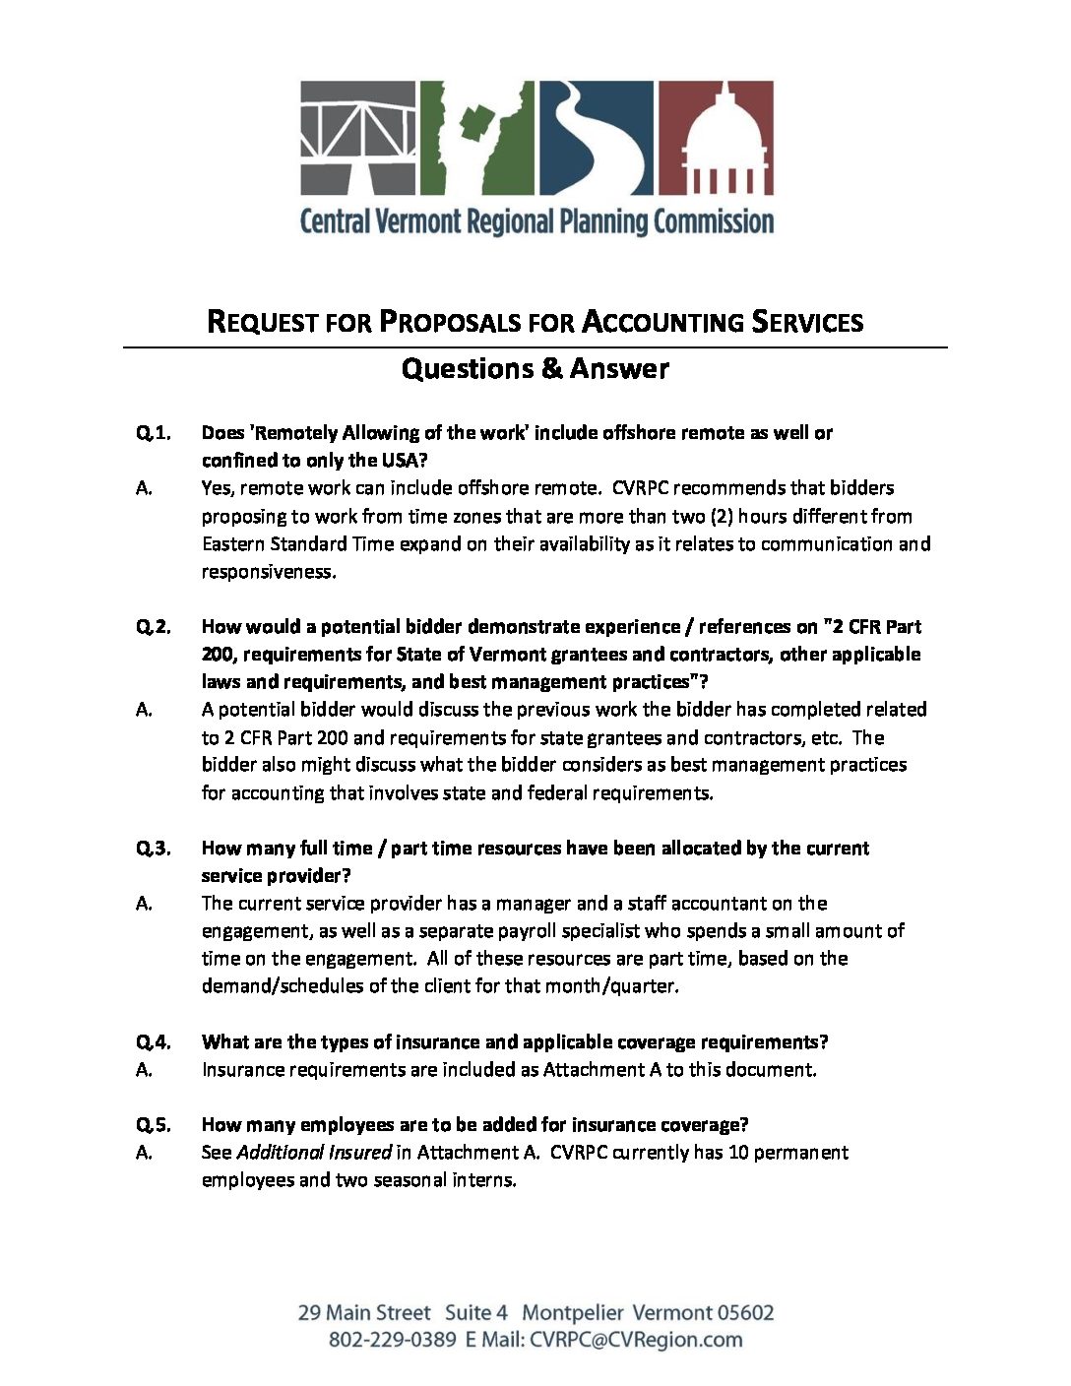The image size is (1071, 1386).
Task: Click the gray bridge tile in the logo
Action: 358,138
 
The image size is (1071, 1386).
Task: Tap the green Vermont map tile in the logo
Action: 477,138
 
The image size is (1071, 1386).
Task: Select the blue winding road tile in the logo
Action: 596,138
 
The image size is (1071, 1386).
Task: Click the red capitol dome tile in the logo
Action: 716,138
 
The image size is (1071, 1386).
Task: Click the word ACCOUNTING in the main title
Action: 662,322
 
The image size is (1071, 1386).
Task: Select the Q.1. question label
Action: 154,432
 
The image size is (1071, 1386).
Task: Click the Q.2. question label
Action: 154,626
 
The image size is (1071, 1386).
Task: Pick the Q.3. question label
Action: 154,848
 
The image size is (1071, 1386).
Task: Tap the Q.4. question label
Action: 154,1041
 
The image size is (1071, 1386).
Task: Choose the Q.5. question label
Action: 154,1124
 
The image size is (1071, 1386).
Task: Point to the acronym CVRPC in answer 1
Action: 642,487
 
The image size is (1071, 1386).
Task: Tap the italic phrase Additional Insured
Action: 314,1152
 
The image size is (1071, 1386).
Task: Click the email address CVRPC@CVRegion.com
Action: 636,1339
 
